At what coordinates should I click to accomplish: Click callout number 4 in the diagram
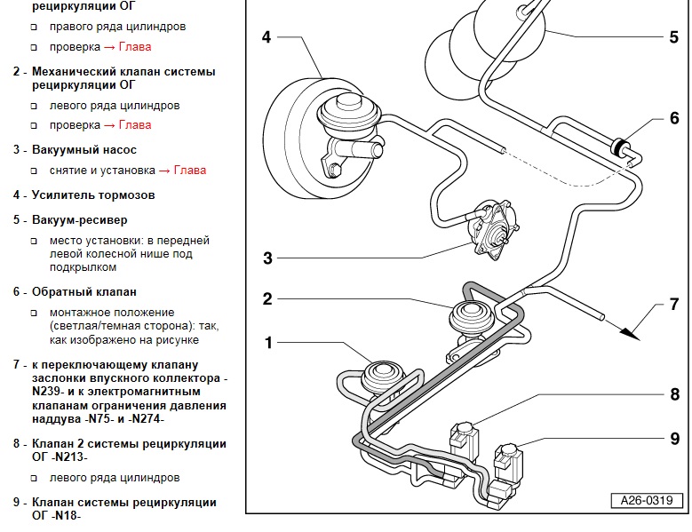click(x=266, y=37)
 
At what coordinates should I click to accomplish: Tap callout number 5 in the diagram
click(x=673, y=37)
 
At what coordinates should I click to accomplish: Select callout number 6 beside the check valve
click(x=673, y=118)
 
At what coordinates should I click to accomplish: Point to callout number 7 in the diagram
click(x=673, y=305)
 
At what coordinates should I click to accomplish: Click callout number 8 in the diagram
click(x=674, y=393)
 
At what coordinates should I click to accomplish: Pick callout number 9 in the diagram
click(x=674, y=438)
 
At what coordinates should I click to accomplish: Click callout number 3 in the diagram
click(x=266, y=258)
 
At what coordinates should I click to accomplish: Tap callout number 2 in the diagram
click(x=266, y=299)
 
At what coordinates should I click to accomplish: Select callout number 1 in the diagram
click(x=266, y=343)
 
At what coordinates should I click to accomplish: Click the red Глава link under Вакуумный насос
click(x=189, y=170)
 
